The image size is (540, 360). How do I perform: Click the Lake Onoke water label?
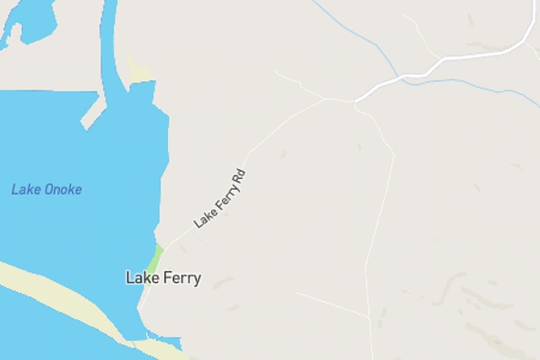pos(46,189)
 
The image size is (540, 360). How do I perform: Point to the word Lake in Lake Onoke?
pos(25,189)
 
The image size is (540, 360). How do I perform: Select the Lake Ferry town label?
pos(163,277)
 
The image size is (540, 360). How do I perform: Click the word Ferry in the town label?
pos(182,277)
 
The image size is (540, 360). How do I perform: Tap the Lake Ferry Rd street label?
pos(220,199)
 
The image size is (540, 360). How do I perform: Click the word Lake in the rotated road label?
pos(204,216)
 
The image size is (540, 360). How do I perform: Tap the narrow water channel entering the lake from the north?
pos(108,42)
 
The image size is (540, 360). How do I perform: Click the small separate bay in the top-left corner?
pos(30,20)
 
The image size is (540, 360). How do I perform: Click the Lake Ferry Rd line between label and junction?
pos(287,123)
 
